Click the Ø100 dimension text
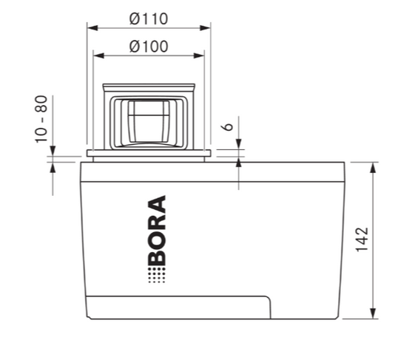click(148, 46)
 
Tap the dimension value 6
click(229, 126)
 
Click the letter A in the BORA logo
click(157, 205)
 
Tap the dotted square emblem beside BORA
click(157, 276)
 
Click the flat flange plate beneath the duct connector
click(148, 154)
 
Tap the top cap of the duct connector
click(148, 87)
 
